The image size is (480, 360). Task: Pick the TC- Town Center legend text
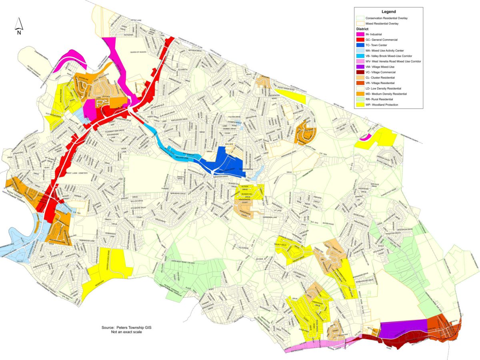tap(378, 46)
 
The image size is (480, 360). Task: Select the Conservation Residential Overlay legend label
tap(389, 18)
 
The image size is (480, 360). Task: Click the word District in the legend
tap(362, 29)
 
